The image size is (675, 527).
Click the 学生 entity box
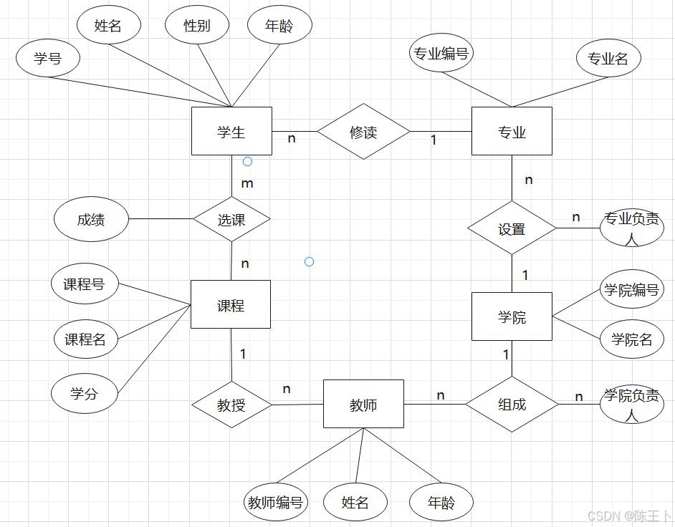pyautogui.click(x=231, y=131)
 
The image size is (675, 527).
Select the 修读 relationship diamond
pyautogui.click(x=363, y=132)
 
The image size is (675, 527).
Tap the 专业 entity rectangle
pyautogui.click(x=512, y=131)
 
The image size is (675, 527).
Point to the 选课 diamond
pyautogui.click(x=231, y=220)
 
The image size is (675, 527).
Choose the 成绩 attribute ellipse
pyautogui.click(x=91, y=220)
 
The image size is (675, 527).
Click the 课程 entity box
pyautogui.click(x=231, y=304)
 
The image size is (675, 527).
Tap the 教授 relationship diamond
pyautogui.click(x=231, y=405)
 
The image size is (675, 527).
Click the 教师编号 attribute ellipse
pyautogui.click(x=275, y=502)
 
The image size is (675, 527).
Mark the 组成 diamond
pyautogui.click(x=512, y=404)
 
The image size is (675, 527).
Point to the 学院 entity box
pyautogui.click(x=512, y=316)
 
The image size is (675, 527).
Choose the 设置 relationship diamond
pyautogui.click(x=512, y=229)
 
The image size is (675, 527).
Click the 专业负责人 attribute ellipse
pyautogui.click(x=631, y=228)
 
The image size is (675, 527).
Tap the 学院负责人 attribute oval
pyautogui.click(x=631, y=404)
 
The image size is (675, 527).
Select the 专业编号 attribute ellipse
pyautogui.click(x=441, y=54)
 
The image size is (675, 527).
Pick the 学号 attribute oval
pyautogui.click(x=48, y=59)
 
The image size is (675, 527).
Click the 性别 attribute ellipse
pyautogui.click(x=197, y=26)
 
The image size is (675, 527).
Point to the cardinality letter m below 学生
pyautogui.click(x=247, y=183)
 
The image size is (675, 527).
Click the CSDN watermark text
pyautogui.click(x=628, y=516)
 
